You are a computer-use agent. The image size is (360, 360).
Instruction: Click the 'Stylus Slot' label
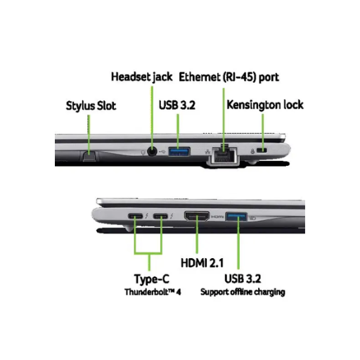(x=91, y=106)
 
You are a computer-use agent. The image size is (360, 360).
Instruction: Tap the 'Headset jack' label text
(x=141, y=77)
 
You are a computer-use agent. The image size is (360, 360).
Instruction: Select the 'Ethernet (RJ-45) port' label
(x=229, y=77)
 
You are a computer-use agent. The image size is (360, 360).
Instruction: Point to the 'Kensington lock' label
(x=265, y=105)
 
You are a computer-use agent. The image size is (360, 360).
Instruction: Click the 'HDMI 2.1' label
(x=202, y=263)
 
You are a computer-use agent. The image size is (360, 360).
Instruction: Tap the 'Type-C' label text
(x=152, y=279)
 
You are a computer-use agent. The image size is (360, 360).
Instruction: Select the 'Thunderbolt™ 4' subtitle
(x=153, y=292)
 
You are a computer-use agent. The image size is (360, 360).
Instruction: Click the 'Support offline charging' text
(x=243, y=292)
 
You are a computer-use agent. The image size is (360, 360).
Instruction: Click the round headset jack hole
(x=152, y=151)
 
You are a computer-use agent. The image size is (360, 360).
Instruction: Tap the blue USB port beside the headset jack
(x=179, y=151)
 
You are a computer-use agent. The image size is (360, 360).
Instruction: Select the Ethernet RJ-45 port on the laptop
(x=224, y=155)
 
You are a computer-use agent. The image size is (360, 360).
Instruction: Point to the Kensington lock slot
(x=262, y=150)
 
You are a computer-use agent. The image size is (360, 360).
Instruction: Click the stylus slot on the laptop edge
(x=89, y=156)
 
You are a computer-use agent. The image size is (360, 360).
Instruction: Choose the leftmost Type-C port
(x=135, y=216)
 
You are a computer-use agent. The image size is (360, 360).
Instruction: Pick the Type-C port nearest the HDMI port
(x=160, y=216)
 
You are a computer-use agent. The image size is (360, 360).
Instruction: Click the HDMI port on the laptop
(x=197, y=216)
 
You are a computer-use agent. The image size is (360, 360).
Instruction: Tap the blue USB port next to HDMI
(x=236, y=217)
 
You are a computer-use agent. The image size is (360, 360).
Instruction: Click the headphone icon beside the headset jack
(x=143, y=153)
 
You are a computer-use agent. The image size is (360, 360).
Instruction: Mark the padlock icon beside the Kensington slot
(x=252, y=151)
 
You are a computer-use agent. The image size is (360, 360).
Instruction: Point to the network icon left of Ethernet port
(x=207, y=151)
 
